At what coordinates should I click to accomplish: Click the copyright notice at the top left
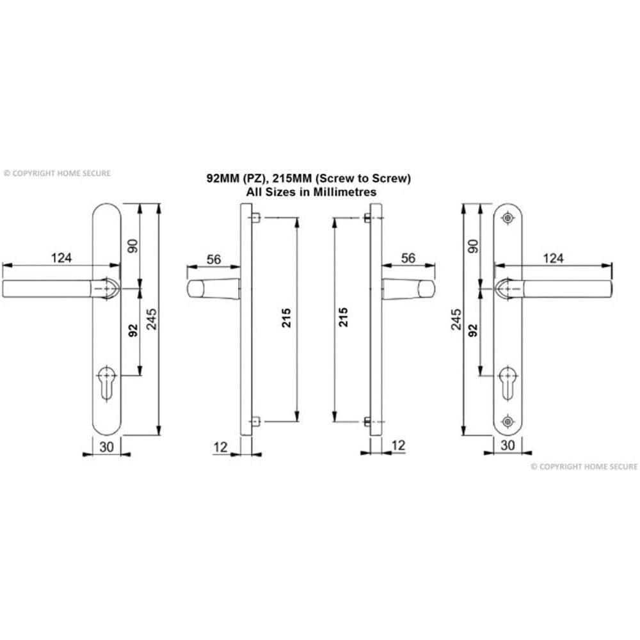pyautogui.click(x=57, y=173)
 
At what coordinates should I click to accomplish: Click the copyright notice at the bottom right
pyautogui.click(x=584, y=467)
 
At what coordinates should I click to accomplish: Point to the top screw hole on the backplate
pyautogui.click(x=508, y=218)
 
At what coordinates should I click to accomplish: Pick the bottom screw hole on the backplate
pyautogui.click(x=508, y=420)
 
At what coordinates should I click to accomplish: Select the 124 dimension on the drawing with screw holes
pyautogui.click(x=553, y=258)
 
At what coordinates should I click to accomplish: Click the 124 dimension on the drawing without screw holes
pyautogui.click(x=61, y=258)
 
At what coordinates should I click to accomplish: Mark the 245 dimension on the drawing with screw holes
pyautogui.click(x=456, y=319)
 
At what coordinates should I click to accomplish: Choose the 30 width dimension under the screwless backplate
pyautogui.click(x=106, y=447)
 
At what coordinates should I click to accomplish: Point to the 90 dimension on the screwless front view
pyautogui.click(x=133, y=245)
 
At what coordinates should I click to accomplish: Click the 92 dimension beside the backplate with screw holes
pyautogui.click(x=473, y=330)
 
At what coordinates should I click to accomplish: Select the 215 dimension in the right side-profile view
pyautogui.click(x=344, y=318)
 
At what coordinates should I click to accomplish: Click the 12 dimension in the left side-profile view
pyautogui.click(x=221, y=447)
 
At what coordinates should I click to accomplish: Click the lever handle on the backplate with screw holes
pyautogui.click(x=563, y=289)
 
